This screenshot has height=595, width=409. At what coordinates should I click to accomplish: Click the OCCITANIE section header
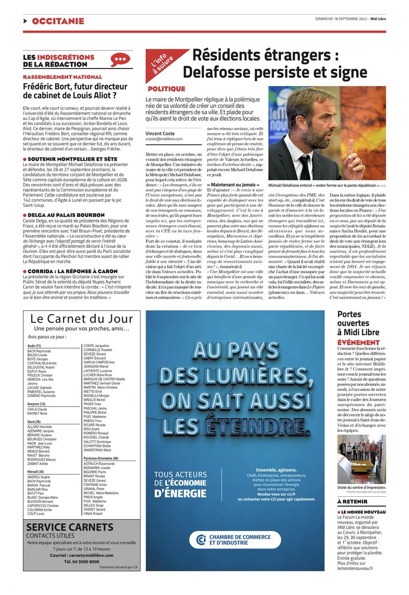pos(58,21)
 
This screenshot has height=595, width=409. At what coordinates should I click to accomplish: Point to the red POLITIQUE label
pos(166,89)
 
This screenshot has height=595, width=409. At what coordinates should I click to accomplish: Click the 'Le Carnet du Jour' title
pos(81,318)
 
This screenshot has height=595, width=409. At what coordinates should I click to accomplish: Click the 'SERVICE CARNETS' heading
pos(69,527)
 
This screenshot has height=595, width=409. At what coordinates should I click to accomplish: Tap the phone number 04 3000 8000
pos(81,561)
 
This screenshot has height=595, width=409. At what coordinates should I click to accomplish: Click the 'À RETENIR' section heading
pos(353,502)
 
